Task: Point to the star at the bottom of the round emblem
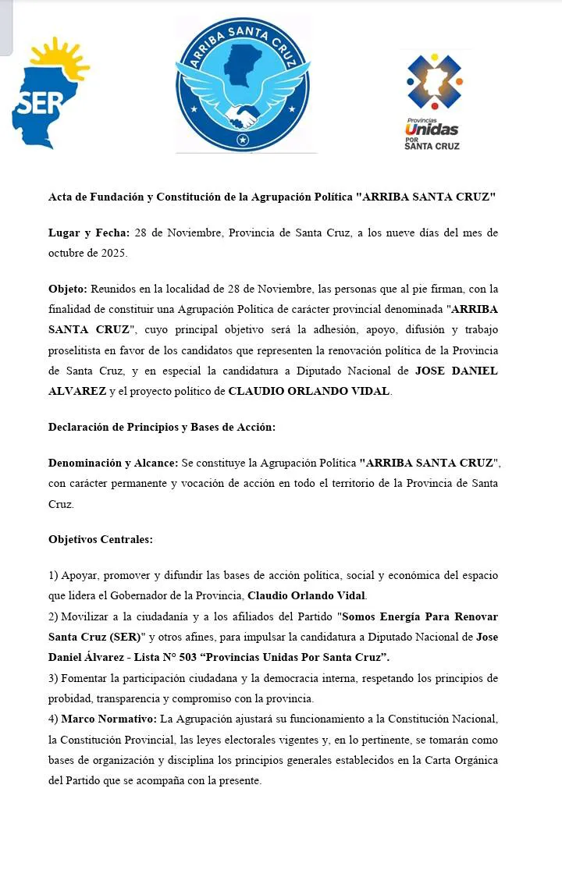tap(243, 140)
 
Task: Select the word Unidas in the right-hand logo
tap(432, 130)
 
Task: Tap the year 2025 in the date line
tap(110, 253)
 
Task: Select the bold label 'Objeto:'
tap(68, 289)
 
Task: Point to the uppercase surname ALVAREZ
tap(76, 391)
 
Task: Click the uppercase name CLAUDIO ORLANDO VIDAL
tap(308, 391)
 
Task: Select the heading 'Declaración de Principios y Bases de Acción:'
tap(162, 427)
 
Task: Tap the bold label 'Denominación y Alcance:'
tap(113, 463)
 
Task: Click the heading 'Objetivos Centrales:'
tap(101, 539)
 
